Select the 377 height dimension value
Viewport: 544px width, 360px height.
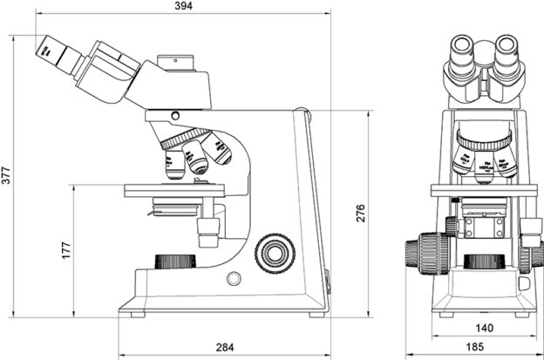click(7, 178)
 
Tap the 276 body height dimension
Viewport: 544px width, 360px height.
click(359, 213)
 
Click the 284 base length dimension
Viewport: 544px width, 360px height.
click(224, 348)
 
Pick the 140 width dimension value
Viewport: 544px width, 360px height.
click(485, 329)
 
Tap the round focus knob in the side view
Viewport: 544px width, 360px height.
click(275, 253)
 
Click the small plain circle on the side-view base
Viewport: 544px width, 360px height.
click(234, 278)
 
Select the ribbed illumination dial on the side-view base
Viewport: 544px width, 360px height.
click(173, 261)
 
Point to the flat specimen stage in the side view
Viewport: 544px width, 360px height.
click(174, 189)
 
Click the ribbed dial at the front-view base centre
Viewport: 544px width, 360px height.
click(483, 261)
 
